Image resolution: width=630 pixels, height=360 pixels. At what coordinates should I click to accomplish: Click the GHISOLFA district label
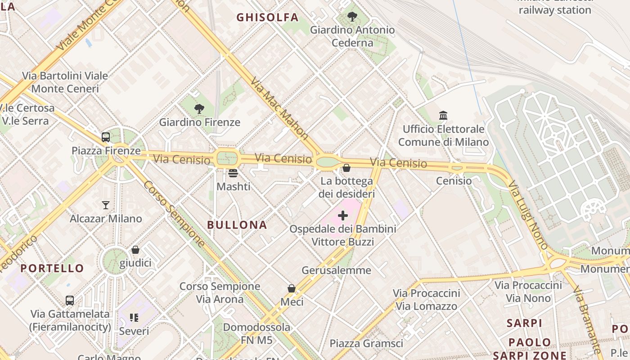tap(267, 18)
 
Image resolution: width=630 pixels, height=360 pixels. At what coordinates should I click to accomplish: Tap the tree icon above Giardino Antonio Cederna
tap(352, 17)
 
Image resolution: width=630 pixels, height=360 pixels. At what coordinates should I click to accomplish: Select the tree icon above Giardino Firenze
tap(199, 109)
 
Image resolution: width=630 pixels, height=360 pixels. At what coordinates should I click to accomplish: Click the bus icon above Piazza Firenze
tap(106, 137)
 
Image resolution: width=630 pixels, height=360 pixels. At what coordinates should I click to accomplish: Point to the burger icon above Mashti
tap(233, 173)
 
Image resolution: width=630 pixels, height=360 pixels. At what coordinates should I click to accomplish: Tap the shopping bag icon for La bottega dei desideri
tap(346, 168)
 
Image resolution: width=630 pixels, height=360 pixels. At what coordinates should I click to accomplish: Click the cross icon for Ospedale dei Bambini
tap(343, 216)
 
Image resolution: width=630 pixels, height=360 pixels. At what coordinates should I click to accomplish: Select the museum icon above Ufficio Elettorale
tap(443, 116)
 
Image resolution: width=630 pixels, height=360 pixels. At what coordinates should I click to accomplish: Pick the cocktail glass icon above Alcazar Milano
tap(106, 205)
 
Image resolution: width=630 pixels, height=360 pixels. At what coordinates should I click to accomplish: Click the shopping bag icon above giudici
tap(135, 250)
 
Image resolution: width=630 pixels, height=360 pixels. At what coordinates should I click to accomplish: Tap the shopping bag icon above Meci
tap(292, 288)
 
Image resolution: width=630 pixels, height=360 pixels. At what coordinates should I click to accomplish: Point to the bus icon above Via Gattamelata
tap(70, 300)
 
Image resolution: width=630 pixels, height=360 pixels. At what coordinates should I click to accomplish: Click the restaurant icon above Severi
tap(134, 318)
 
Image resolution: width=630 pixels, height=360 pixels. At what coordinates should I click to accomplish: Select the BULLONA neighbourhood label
tap(237, 225)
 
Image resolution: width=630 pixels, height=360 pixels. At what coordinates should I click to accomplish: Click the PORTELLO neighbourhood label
tap(52, 269)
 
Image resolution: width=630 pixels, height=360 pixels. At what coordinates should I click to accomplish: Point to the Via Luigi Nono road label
tap(528, 215)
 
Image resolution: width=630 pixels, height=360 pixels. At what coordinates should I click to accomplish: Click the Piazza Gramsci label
tap(366, 344)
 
